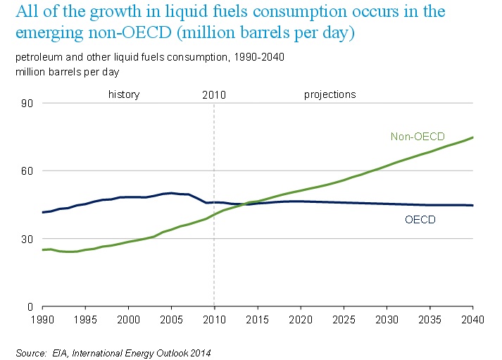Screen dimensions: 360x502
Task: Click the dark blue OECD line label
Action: click(420, 220)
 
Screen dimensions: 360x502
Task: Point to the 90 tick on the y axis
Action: click(30, 104)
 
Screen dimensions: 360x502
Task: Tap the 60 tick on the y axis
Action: click(30, 171)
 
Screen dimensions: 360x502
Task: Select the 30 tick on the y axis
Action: click(30, 240)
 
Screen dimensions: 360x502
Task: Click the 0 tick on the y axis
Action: click(32, 307)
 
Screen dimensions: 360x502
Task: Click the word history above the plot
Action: click(124, 94)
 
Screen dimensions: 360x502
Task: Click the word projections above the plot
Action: click(330, 94)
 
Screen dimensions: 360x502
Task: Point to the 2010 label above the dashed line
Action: click(213, 94)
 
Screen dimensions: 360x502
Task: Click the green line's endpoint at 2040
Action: click(472, 137)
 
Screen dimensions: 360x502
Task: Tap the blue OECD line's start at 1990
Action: click(43, 212)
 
